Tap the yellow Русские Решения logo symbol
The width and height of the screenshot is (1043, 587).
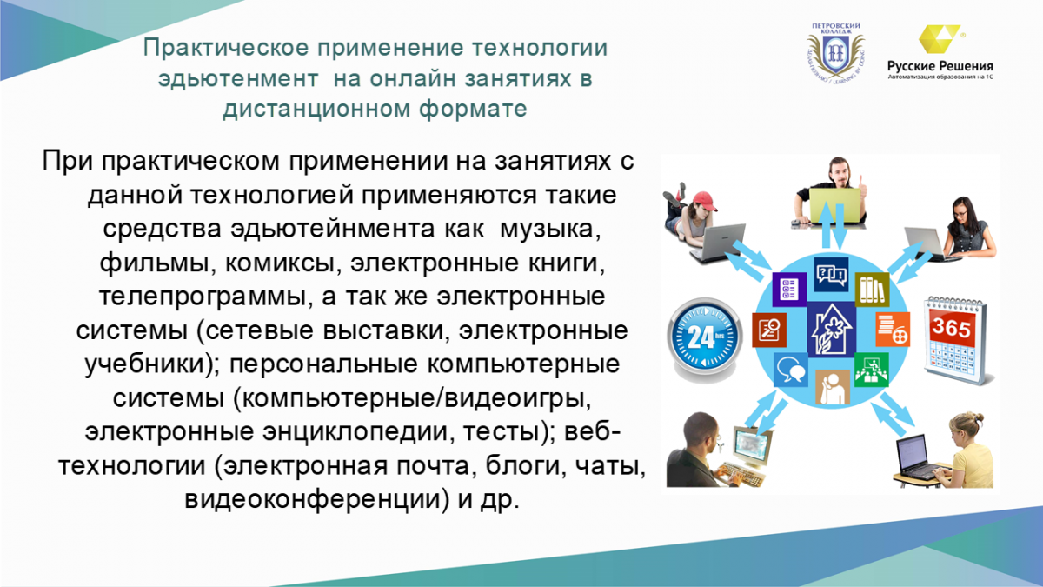pos(940,39)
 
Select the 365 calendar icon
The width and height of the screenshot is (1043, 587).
pos(955,340)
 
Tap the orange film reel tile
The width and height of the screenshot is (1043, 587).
pos(893,330)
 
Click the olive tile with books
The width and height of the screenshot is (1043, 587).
pos(872,290)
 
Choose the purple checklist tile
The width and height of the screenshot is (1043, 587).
pos(789,290)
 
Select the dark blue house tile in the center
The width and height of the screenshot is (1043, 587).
pos(832,330)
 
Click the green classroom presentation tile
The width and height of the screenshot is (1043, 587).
pos(871,370)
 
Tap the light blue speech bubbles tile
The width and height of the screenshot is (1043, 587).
pos(791,370)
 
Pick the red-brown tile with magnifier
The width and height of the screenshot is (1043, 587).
pos(769,330)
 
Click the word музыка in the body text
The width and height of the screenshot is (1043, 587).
pos(549,229)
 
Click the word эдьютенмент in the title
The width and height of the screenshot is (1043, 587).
pos(238,78)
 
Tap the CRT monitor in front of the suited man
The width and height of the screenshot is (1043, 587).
pos(751,446)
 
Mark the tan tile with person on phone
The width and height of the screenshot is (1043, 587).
pos(833,388)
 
